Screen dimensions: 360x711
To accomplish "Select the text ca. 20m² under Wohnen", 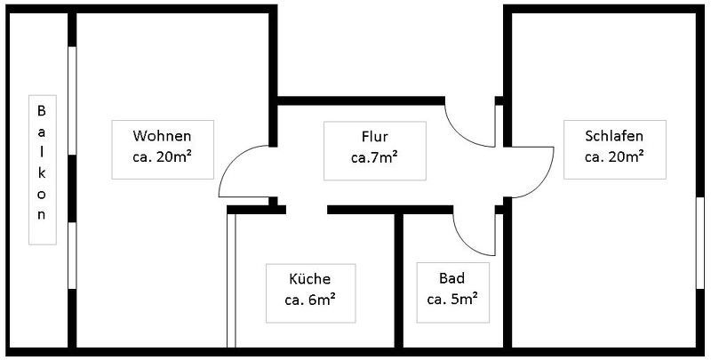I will pos(162,157).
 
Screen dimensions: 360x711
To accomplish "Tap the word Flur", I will pos(374,137).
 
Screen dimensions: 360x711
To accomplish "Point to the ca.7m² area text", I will pos(374,157).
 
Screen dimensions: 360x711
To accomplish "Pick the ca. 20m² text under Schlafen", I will pos(614,157).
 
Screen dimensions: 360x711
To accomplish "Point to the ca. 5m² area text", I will pos(452,299).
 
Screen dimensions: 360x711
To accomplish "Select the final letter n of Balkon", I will pos(40,215).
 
